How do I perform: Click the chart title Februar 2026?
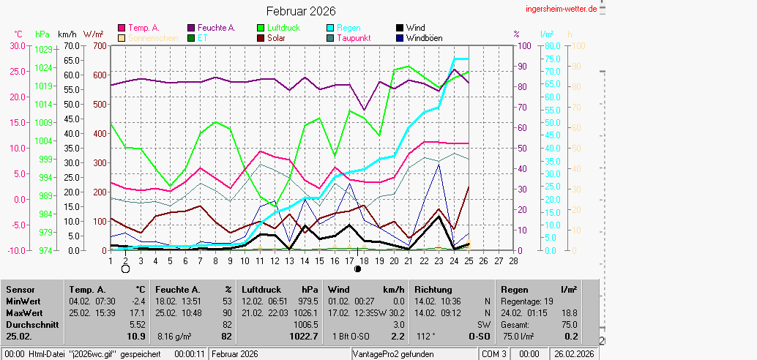[301, 11]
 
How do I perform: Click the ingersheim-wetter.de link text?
[561, 8]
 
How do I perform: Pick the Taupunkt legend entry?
[353, 38]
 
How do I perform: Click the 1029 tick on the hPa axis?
[43, 49]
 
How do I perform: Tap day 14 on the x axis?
[305, 260]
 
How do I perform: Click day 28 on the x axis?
[513, 260]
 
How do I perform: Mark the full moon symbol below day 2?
[125, 269]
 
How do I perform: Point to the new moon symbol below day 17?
[357, 269]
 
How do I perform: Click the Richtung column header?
[433, 290]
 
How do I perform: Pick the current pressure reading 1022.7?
[304, 337]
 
